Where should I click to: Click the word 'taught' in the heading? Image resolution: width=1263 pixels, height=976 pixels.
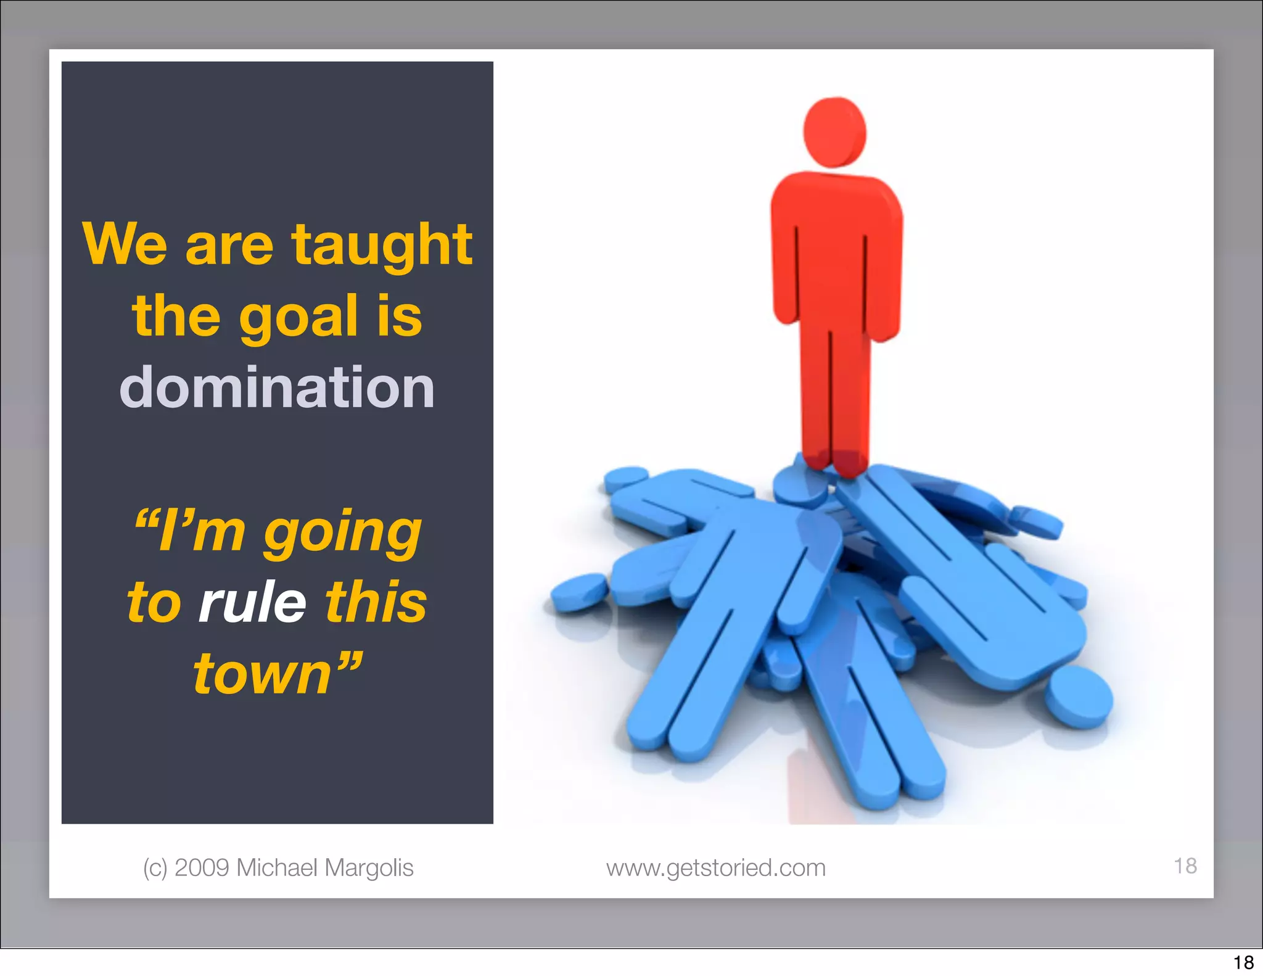(x=382, y=245)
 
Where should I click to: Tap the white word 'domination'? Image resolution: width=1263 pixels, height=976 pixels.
(x=277, y=387)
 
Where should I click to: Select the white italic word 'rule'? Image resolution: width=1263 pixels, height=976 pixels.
(x=252, y=602)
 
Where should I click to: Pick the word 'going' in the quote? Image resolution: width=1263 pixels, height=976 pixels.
(x=343, y=532)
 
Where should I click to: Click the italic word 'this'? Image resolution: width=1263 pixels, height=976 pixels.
(x=376, y=602)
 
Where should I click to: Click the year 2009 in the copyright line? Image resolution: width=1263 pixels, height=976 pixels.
(x=202, y=867)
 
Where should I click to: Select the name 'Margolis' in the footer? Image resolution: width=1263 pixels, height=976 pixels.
(x=369, y=867)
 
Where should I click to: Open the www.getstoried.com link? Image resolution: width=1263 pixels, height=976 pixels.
(x=715, y=868)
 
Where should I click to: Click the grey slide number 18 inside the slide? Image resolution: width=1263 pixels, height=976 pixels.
(x=1185, y=866)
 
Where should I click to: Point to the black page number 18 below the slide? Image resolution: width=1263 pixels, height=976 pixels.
(x=1243, y=962)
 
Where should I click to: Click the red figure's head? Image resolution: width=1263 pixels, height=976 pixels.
(x=834, y=132)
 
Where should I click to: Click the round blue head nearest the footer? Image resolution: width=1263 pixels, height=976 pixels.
(x=1079, y=697)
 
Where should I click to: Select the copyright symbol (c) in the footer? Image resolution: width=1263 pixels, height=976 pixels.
(x=155, y=868)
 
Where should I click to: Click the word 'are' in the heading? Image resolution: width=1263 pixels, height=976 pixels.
(x=229, y=246)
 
